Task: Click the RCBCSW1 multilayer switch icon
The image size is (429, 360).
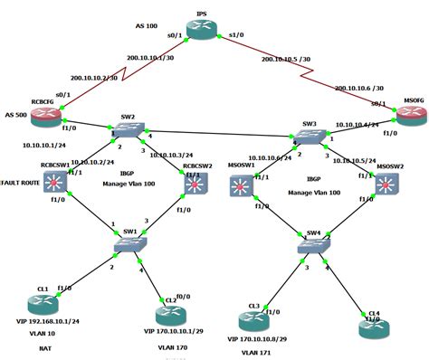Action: point(58,184)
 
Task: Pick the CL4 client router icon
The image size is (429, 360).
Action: point(372,327)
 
